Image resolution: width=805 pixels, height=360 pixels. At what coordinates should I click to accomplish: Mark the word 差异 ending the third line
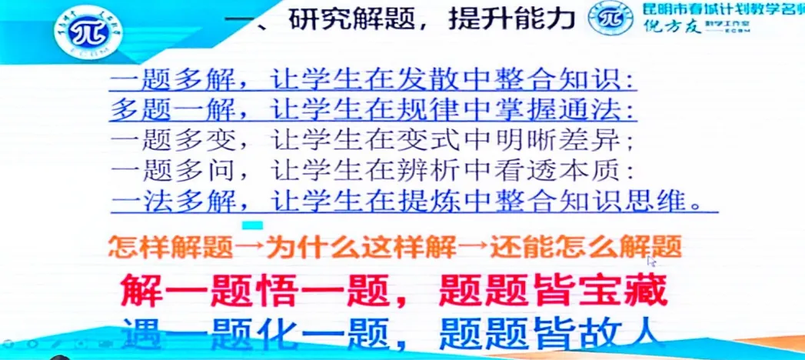(607, 140)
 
